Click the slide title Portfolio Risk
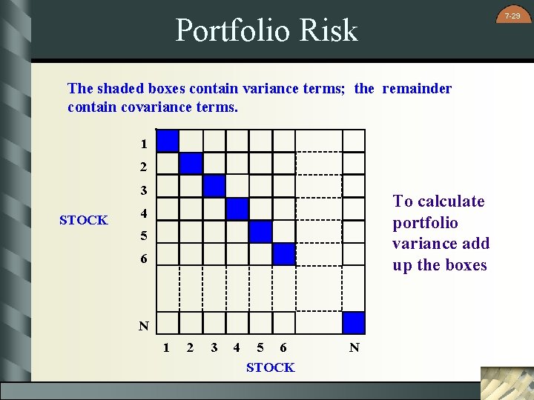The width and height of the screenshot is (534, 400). click(266, 30)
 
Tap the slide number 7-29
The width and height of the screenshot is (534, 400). click(512, 16)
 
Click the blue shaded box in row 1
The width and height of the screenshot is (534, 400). click(168, 141)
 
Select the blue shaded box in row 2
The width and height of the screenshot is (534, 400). click(191, 164)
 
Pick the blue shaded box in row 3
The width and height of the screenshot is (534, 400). click(214, 186)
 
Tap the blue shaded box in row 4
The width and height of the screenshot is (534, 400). click(237, 209)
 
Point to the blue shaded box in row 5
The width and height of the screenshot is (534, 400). click(260, 232)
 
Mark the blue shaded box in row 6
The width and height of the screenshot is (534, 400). click(283, 254)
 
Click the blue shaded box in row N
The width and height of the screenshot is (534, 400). click(354, 323)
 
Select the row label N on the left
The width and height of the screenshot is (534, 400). click(143, 326)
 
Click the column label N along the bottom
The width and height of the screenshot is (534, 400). click(355, 347)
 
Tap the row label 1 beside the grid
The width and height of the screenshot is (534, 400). click(143, 144)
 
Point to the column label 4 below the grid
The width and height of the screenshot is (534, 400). click(236, 347)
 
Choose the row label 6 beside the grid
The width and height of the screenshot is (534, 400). click(143, 260)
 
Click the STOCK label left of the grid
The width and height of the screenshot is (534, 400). click(83, 220)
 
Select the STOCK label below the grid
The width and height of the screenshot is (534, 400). click(270, 367)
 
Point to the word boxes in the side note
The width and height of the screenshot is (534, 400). click(462, 265)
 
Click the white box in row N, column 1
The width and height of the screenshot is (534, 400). click(168, 323)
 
